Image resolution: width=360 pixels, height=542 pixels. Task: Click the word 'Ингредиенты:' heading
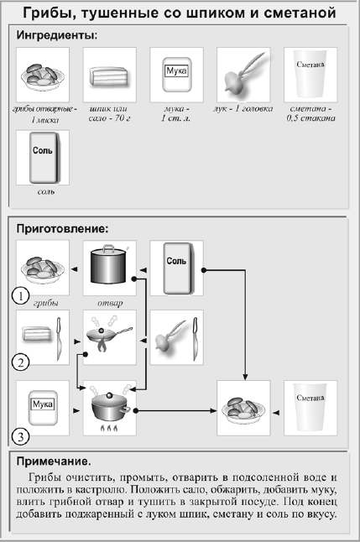click(x=57, y=35)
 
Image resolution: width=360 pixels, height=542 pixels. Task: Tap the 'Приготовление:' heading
click(x=63, y=229)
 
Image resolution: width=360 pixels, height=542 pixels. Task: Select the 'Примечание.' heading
click(x=54, y=461)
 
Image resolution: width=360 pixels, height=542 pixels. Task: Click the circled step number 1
click(x=20, y=296)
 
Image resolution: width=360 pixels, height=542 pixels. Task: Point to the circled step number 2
click(x=20, y=363)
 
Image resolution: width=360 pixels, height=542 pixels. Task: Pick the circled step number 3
click(x=20, y=436)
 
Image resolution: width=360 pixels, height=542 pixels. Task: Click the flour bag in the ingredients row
click(x=177, y=75)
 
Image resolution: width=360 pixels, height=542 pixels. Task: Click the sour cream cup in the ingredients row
click(x=310, y=76)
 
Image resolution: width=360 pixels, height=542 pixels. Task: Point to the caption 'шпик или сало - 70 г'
click(x=109, y=113)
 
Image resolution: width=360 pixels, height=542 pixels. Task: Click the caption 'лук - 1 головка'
click(x=243, y=108)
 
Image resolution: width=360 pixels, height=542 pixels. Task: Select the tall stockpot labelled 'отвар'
click(x=108, y=264)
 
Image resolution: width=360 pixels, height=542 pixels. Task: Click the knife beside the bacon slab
click(x=59, y=339)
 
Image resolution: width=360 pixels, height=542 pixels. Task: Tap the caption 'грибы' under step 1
click(x=45, y=303)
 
